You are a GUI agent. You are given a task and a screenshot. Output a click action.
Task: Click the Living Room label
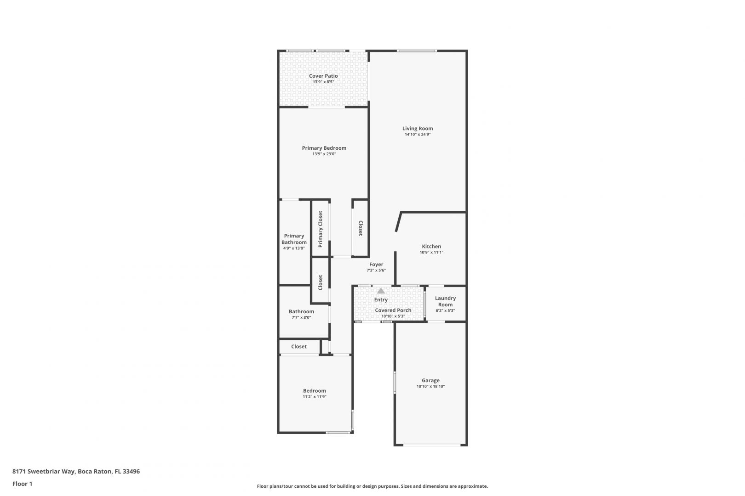(418, 128)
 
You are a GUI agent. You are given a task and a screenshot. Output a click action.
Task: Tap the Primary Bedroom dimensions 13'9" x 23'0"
(324, 154)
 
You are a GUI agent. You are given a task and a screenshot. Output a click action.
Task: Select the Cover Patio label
(323, 76)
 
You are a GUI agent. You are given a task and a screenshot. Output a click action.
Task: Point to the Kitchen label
(431, 246)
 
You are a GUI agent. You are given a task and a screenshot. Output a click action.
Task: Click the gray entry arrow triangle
(381, 291)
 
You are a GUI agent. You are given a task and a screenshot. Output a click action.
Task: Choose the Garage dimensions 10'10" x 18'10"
(430, 386)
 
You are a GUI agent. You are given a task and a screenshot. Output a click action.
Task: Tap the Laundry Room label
(445, 301)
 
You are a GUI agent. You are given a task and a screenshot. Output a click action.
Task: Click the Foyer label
(376, 265)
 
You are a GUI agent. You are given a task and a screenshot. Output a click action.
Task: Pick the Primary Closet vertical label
(320, 229)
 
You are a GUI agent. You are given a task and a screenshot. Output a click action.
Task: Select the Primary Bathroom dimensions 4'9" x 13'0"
(294, 248)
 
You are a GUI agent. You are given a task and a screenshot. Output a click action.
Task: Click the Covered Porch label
(393, 310)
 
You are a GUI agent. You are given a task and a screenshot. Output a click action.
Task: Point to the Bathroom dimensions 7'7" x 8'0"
(301, 317)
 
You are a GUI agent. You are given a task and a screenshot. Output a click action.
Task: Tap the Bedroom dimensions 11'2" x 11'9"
(314, 396)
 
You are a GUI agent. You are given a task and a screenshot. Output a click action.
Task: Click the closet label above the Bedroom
(298, 346)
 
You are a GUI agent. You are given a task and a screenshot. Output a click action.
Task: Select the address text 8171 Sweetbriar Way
(44, 471)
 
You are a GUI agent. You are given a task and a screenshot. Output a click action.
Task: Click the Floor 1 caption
(22, 484)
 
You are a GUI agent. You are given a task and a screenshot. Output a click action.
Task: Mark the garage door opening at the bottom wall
(432, 445)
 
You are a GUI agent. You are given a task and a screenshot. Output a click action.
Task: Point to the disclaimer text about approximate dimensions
(372, 486)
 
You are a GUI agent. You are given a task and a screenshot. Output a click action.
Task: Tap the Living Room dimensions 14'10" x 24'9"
(418, 134)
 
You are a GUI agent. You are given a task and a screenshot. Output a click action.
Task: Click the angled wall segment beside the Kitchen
(399, 221)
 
